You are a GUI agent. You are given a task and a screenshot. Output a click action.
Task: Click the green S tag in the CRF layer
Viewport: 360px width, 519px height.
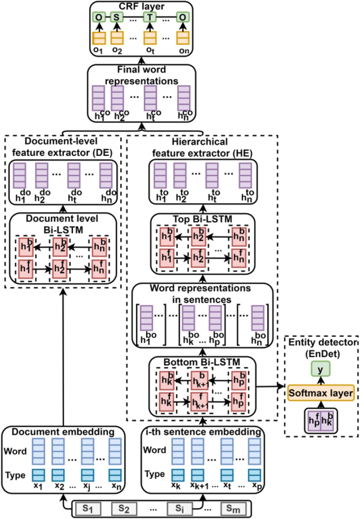(x=117, y=17)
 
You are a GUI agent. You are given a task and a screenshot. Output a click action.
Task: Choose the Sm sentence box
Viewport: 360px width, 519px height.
(x=233, y=508)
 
